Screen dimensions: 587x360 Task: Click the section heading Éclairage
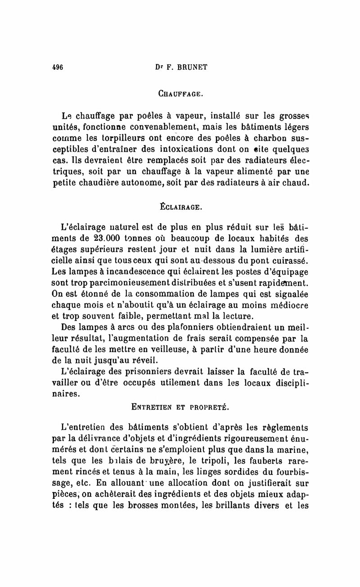181,208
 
